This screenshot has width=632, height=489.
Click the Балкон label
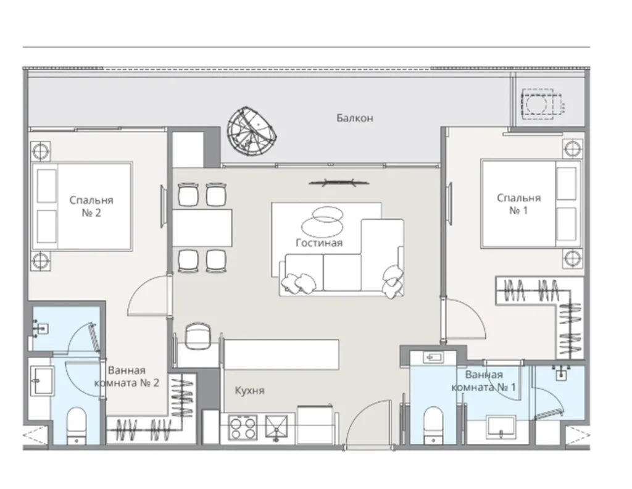pos(355,118)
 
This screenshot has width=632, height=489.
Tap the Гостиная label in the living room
pos(319,243)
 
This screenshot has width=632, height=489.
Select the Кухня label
pos(249,391)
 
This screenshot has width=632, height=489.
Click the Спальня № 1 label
pos(518,204)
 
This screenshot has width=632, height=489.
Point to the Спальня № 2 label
pos(91,206)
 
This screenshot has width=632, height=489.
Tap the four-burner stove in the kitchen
pos(243,428)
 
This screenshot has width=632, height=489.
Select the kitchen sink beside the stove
pos(276,427)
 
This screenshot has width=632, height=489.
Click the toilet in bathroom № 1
pos(433,425)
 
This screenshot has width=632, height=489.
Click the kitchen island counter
pos(281,355)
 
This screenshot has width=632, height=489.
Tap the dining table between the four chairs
pos(202,228)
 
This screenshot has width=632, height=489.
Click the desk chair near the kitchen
pos(198,335)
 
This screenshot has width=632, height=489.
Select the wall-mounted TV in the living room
pos(339,183)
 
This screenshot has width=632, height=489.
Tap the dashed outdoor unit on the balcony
pos(541,104)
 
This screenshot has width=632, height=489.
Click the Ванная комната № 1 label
pos(484,381)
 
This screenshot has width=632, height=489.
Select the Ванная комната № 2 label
pos(127,377)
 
